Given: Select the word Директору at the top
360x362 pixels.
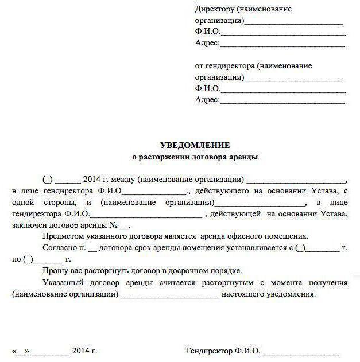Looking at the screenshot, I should (215, 9).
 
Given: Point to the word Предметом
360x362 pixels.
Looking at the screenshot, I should (62, 236).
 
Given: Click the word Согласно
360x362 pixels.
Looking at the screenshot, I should (59, 247).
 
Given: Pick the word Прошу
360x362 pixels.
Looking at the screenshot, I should (54, 271).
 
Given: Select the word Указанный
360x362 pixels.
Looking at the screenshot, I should (62, 283).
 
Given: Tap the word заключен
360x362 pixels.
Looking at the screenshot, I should (28, 225).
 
